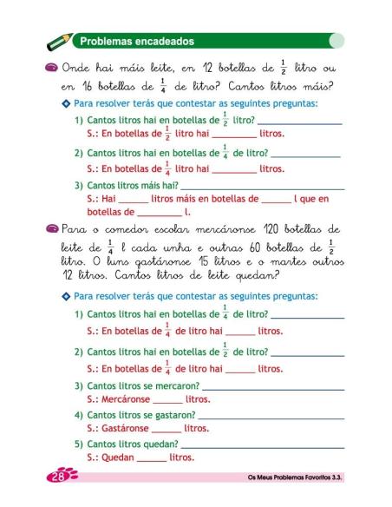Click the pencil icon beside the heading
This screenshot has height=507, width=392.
tap(61, 41)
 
